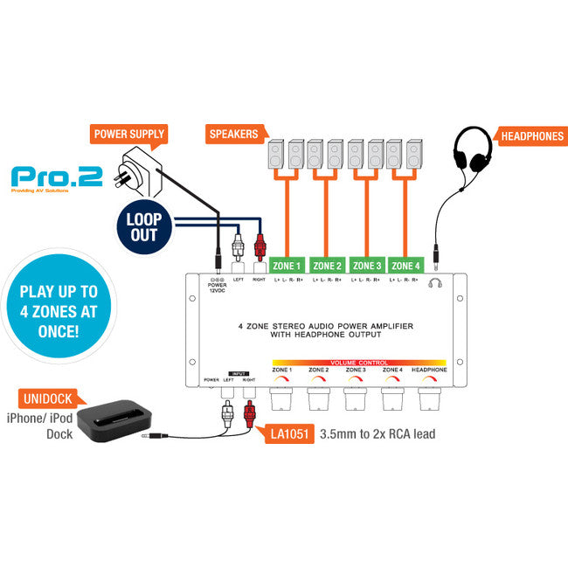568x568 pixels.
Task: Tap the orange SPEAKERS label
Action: coord(233,135)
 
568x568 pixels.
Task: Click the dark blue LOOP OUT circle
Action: coord(143,225)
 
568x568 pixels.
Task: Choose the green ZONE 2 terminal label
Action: coord(327,265)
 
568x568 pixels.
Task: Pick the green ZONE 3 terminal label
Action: coord(367,265)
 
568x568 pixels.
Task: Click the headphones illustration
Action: coord(471,153)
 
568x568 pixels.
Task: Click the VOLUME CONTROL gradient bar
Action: coord(359,362)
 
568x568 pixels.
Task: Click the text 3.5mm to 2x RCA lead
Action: coord(378,433)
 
